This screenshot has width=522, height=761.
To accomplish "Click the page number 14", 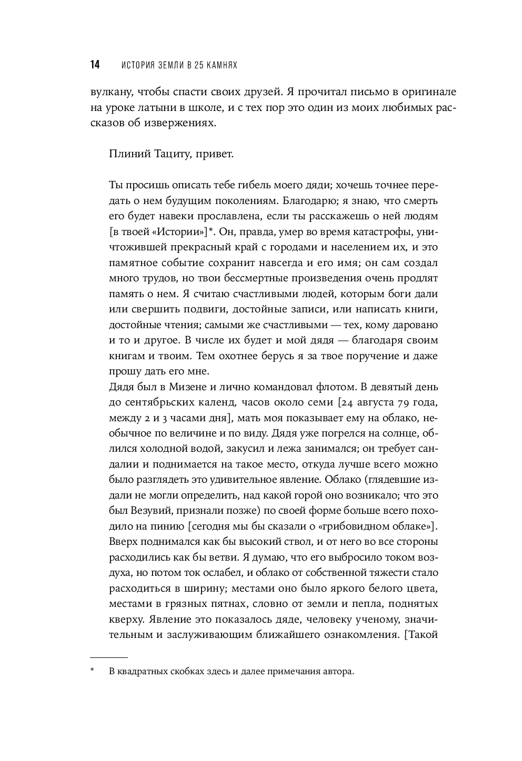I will [95, 65].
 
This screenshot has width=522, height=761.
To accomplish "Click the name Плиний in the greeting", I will [124, 154].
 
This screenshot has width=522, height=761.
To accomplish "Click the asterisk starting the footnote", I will [92, 671].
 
